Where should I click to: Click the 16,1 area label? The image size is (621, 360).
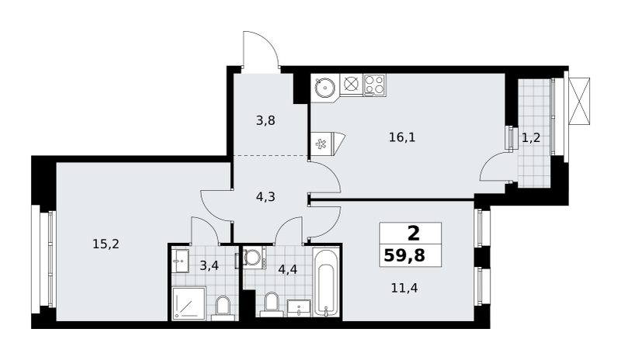point(402,137)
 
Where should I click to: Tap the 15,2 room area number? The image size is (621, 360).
point(106,244)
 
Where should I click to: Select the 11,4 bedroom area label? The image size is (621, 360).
point(404,288)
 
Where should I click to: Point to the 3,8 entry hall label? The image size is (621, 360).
point(265,120)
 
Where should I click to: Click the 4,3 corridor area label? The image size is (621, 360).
point(265,196)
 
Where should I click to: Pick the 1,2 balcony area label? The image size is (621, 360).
point(531,138)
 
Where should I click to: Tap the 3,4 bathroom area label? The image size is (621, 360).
point(209,265)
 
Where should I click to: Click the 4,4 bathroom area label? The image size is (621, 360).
point(287,269)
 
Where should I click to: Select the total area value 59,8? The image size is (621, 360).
point(404,256)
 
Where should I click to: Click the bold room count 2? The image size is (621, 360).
point(413,234)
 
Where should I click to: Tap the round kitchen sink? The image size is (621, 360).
point(325,87)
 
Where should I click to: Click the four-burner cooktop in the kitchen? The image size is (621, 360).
point(375,85)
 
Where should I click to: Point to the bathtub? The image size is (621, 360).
point(325,282)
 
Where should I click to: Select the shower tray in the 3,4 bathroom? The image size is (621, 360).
point(189,303)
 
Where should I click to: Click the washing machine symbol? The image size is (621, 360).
point(254,258)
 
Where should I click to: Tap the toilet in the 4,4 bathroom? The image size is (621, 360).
point(272,304)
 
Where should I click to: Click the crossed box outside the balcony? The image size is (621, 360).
point(579,101)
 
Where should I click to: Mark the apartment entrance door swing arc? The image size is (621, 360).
point(262,44)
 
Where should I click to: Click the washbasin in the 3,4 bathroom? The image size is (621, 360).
point(181,261)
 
